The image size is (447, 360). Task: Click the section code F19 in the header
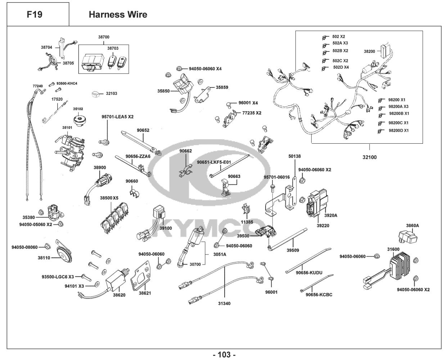click(35, 15)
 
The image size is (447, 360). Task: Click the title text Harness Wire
click(118, 15)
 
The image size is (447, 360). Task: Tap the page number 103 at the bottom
click(224, 355)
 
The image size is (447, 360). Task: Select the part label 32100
click(369, 157)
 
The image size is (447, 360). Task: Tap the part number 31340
click(224, 303)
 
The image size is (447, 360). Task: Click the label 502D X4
click(340, 67)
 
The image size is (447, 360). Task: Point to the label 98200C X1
click(398, 123)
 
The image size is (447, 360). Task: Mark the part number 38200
click(369, 51)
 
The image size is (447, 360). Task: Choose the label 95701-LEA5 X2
click(117, 117)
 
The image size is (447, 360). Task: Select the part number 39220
click(323, 226)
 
